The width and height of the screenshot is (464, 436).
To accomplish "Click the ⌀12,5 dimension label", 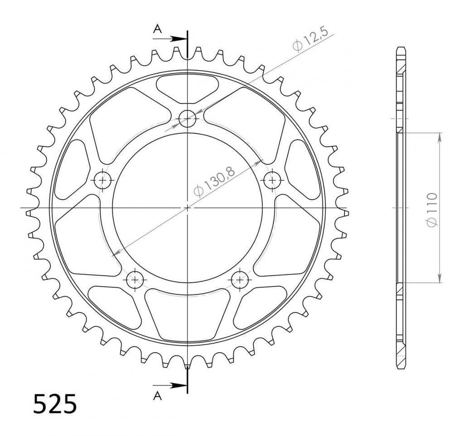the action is [310, 40].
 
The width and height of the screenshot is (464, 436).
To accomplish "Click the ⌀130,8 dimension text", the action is [214, 181].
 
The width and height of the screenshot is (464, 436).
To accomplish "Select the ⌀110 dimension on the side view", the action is [432, 210].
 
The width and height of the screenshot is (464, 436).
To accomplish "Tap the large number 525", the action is [55, 404].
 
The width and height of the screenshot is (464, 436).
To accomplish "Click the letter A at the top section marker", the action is [157, 29].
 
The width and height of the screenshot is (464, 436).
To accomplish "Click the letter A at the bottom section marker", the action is [157, 396].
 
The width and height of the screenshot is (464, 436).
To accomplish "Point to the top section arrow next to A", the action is [170, 38].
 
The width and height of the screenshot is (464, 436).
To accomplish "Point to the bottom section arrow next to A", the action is [170, 385].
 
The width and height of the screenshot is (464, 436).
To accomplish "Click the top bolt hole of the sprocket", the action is [187, 118].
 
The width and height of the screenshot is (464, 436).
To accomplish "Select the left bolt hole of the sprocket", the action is [103, 180].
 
